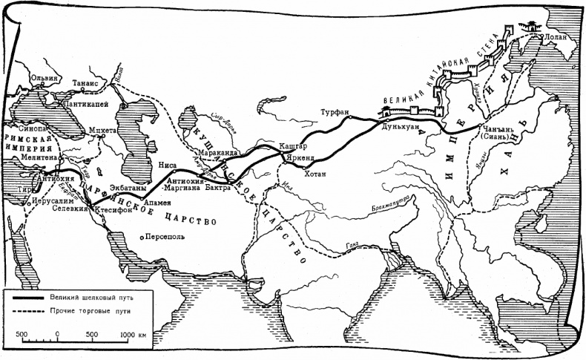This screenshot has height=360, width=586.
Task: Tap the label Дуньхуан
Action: click(x=401, y=127)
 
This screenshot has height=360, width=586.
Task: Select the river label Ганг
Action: click(x=343, y=246)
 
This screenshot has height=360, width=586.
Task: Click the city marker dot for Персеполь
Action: click(x=142, y=238)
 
